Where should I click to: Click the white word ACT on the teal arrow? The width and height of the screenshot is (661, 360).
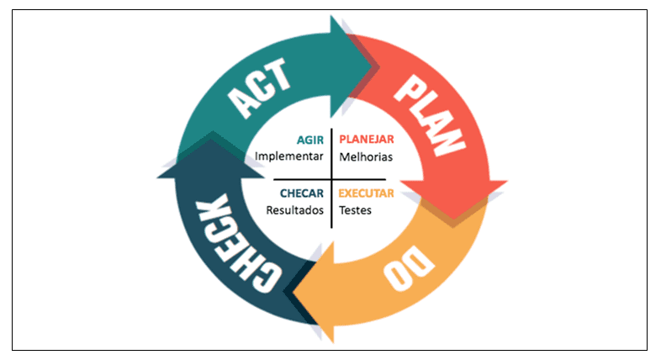(x=259, y=87)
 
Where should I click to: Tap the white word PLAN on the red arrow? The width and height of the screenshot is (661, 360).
(x=430, y=115)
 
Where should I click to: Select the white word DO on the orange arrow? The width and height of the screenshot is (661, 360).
(x=409, y=267)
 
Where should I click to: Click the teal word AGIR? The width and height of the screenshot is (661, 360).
(x=309, y=140)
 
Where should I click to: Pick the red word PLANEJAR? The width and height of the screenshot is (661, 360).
(x=367, y=139)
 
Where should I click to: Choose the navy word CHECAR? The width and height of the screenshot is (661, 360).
(x=302, y=193)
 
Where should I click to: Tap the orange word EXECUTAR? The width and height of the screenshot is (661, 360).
(x=367, y=193)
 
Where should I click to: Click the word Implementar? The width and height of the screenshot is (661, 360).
(x=289, y=156)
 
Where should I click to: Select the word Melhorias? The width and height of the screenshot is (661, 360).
(x=366, y=157)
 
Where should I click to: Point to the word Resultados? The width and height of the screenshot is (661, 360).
(x=294, y=210)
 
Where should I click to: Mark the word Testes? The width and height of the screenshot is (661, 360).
(x=356, y=210)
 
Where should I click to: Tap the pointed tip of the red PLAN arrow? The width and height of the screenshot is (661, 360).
(x=453, y=220)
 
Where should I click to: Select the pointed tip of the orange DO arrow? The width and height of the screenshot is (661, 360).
(x=293, y=292)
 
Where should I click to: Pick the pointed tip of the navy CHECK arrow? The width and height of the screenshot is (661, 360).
(x=211, y=139)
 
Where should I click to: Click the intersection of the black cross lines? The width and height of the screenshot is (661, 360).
(x=332, y=179)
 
